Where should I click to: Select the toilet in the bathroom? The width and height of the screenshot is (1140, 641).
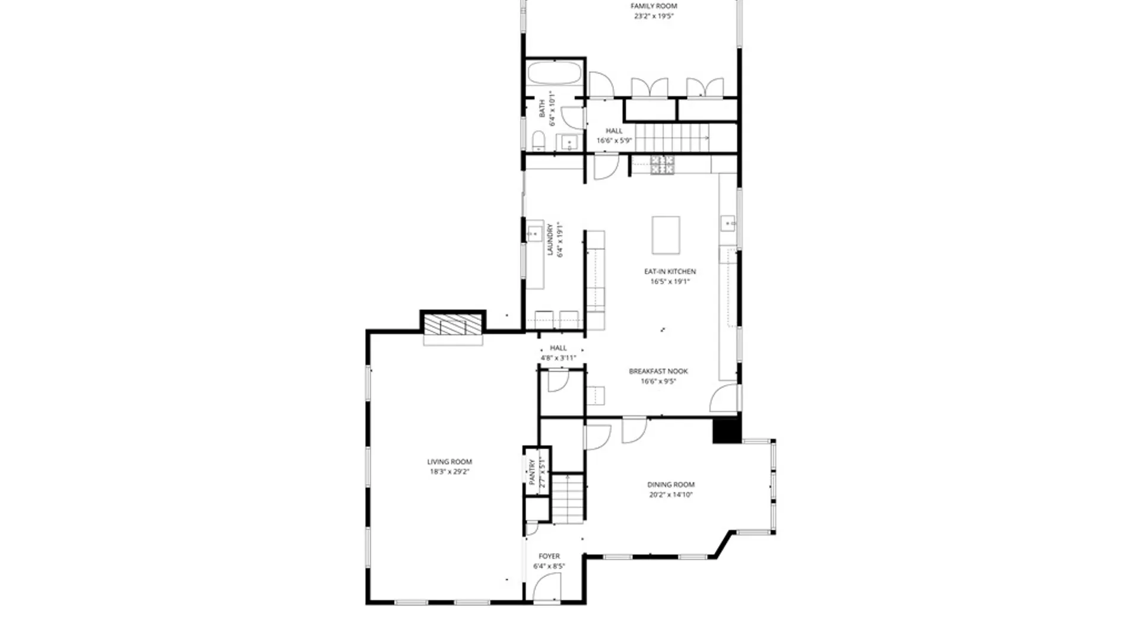(x=539, y=141)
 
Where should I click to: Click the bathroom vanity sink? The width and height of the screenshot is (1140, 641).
(x=568, y=142)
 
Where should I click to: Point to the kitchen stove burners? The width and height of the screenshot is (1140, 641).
(x=662, y=165)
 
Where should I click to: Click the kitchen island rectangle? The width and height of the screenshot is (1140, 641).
(x=666, y=235)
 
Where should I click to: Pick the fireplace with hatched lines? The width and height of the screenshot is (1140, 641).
(x=452, y=324)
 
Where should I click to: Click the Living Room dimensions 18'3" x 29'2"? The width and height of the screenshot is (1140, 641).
(x=449, y=472)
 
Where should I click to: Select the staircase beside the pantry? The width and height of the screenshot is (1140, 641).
(x=569, y=499)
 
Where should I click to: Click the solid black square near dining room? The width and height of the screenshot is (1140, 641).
(x=726, y=430)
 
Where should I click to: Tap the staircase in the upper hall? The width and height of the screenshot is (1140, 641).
(x=672, y=138)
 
